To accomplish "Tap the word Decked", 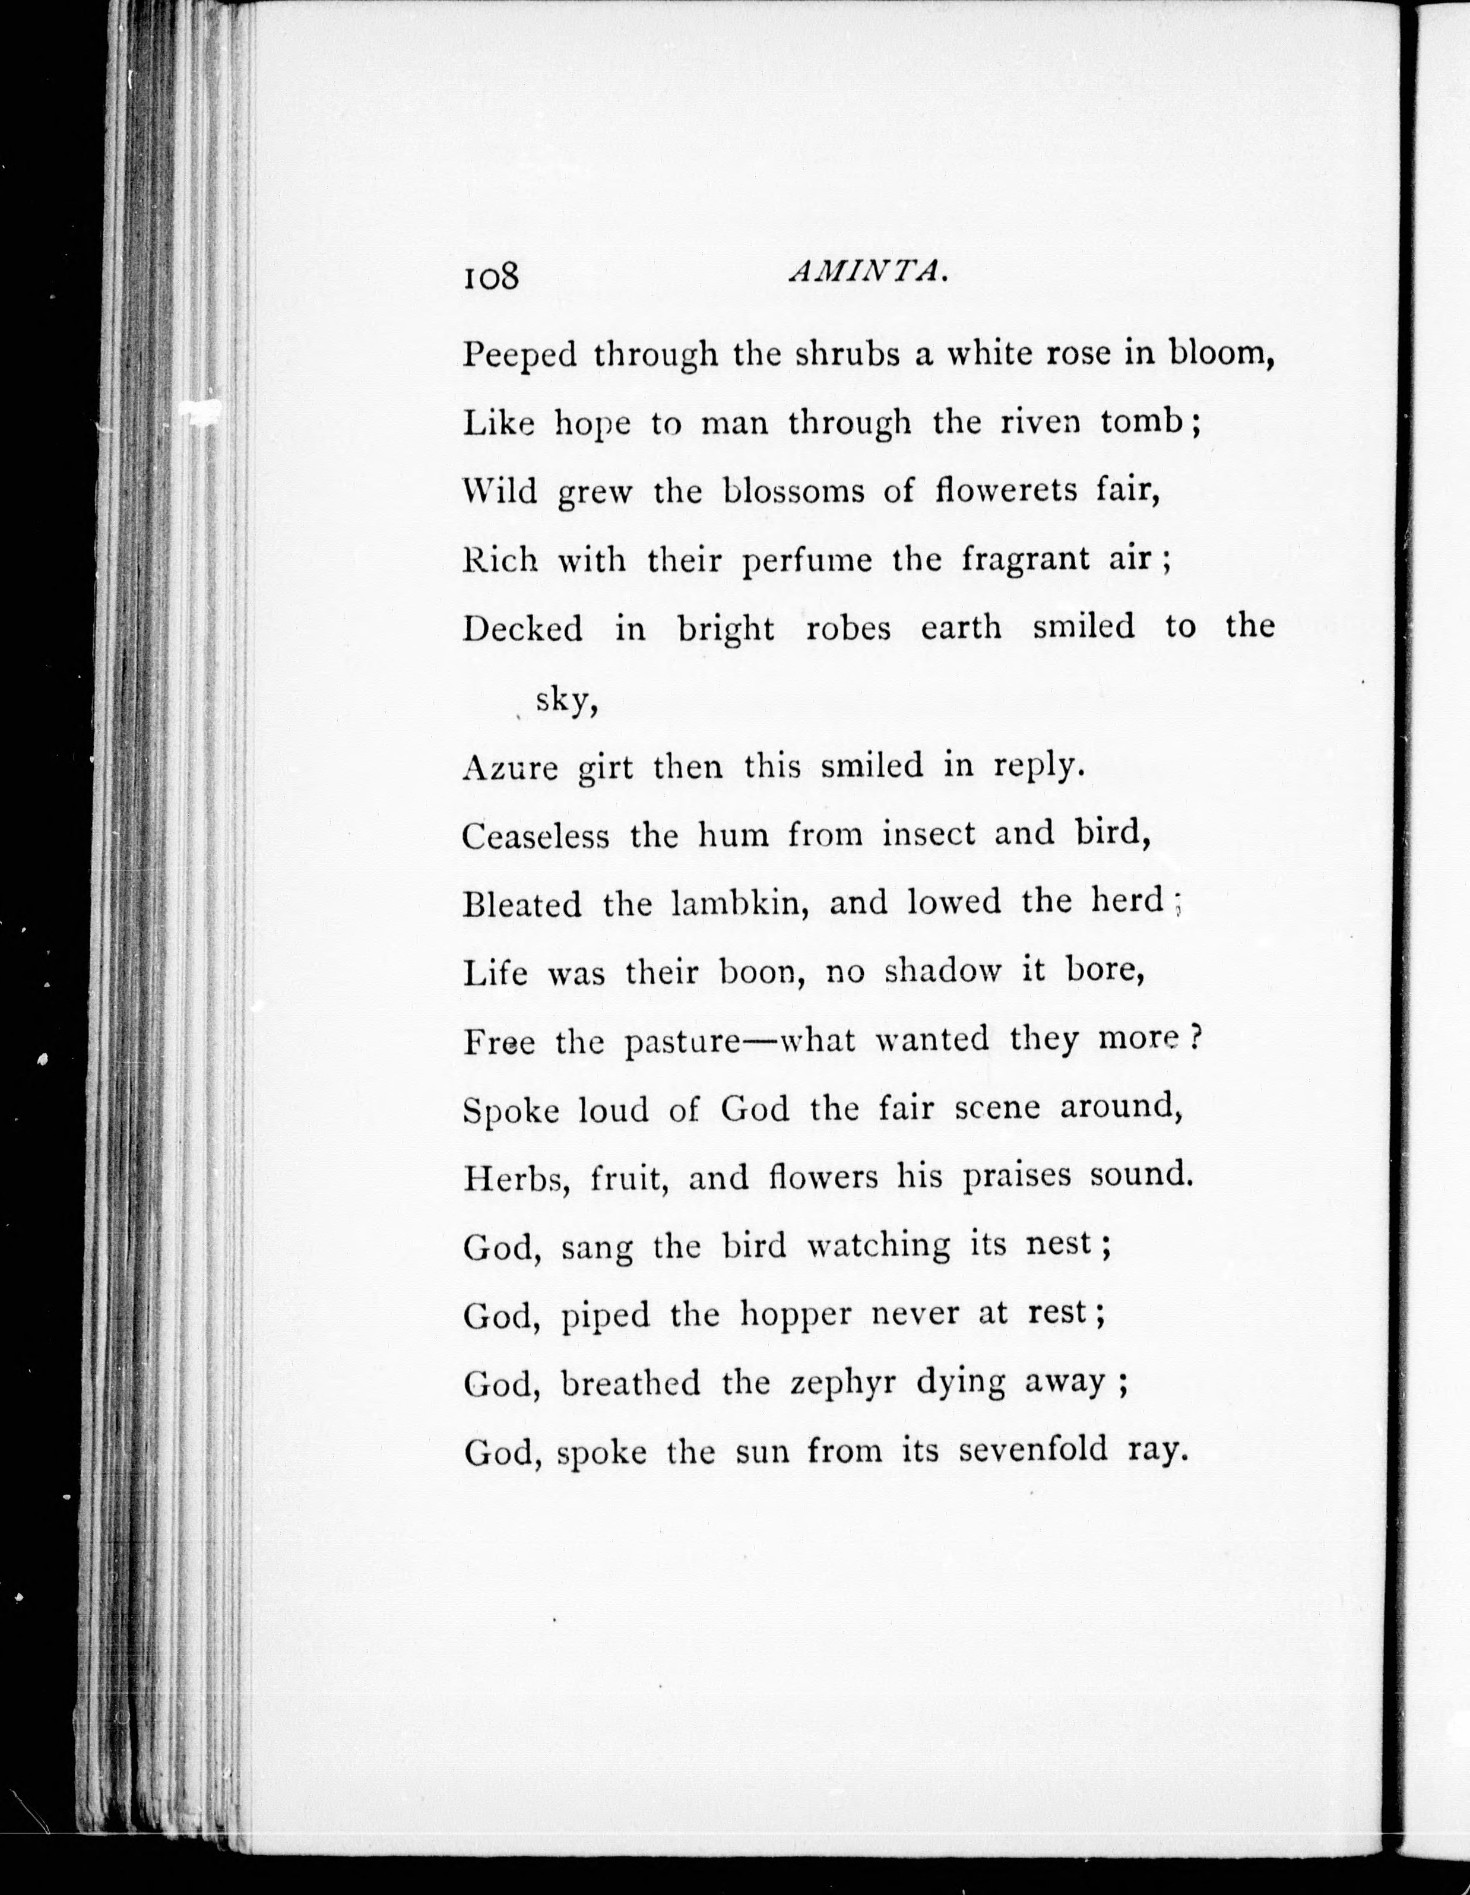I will tap(522, 628).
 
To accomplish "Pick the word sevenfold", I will tap(1034, 1450).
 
